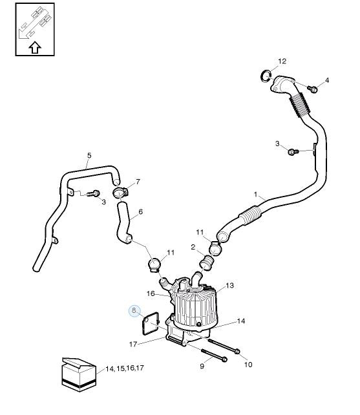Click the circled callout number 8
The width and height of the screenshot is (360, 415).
pos(134,311)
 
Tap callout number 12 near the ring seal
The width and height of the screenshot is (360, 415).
pos(282,61)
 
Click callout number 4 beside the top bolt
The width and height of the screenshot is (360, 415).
pos(327,80)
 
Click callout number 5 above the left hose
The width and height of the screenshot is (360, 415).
pos(89,155)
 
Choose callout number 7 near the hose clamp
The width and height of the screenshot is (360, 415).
pos(137,182)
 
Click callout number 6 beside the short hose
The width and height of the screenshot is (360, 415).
pos(140,211)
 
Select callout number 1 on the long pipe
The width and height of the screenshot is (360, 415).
pos(255,194)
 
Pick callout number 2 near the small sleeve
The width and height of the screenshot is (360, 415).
pos(193,247)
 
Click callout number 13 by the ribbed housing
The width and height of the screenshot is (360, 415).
pos(230,285)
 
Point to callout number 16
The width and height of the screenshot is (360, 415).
pos(150,293)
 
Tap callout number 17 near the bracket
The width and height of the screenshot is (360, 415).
pos(134,343)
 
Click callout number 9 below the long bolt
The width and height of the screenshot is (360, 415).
pos(201,367)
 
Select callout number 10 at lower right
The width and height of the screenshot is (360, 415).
pos(248,365)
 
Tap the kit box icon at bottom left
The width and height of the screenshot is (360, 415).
pos(77,373)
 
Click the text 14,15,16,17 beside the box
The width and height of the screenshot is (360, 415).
pos(124,368)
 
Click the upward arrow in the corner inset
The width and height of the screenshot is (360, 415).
pos(35,47)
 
